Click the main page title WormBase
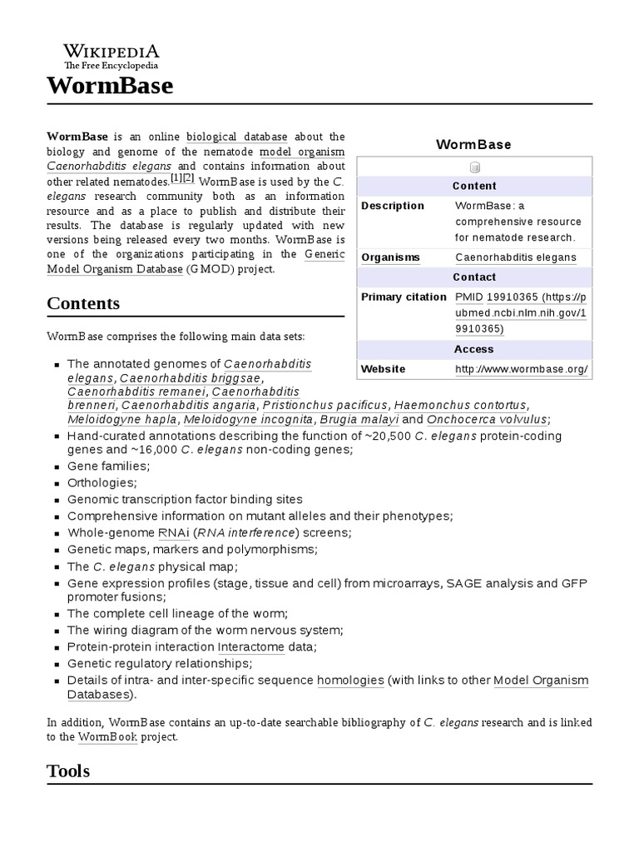point(110,86)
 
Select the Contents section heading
point(83,303)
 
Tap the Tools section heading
point(68,771)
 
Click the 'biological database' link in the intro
point(237,137)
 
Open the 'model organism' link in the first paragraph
point(302,152)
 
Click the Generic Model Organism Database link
point(115,269)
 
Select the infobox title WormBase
point(473,144)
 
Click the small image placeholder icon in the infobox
point(474,167)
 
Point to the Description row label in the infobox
point(393,206)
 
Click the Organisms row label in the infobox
point(390,257)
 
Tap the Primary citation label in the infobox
point(404,297)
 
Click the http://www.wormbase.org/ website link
point(522,369)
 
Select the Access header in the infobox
point(473,349)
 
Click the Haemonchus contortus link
point(460,405)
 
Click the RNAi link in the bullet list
point(167,533)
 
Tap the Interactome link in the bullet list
point(251,647)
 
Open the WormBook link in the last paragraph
point(108,737)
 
